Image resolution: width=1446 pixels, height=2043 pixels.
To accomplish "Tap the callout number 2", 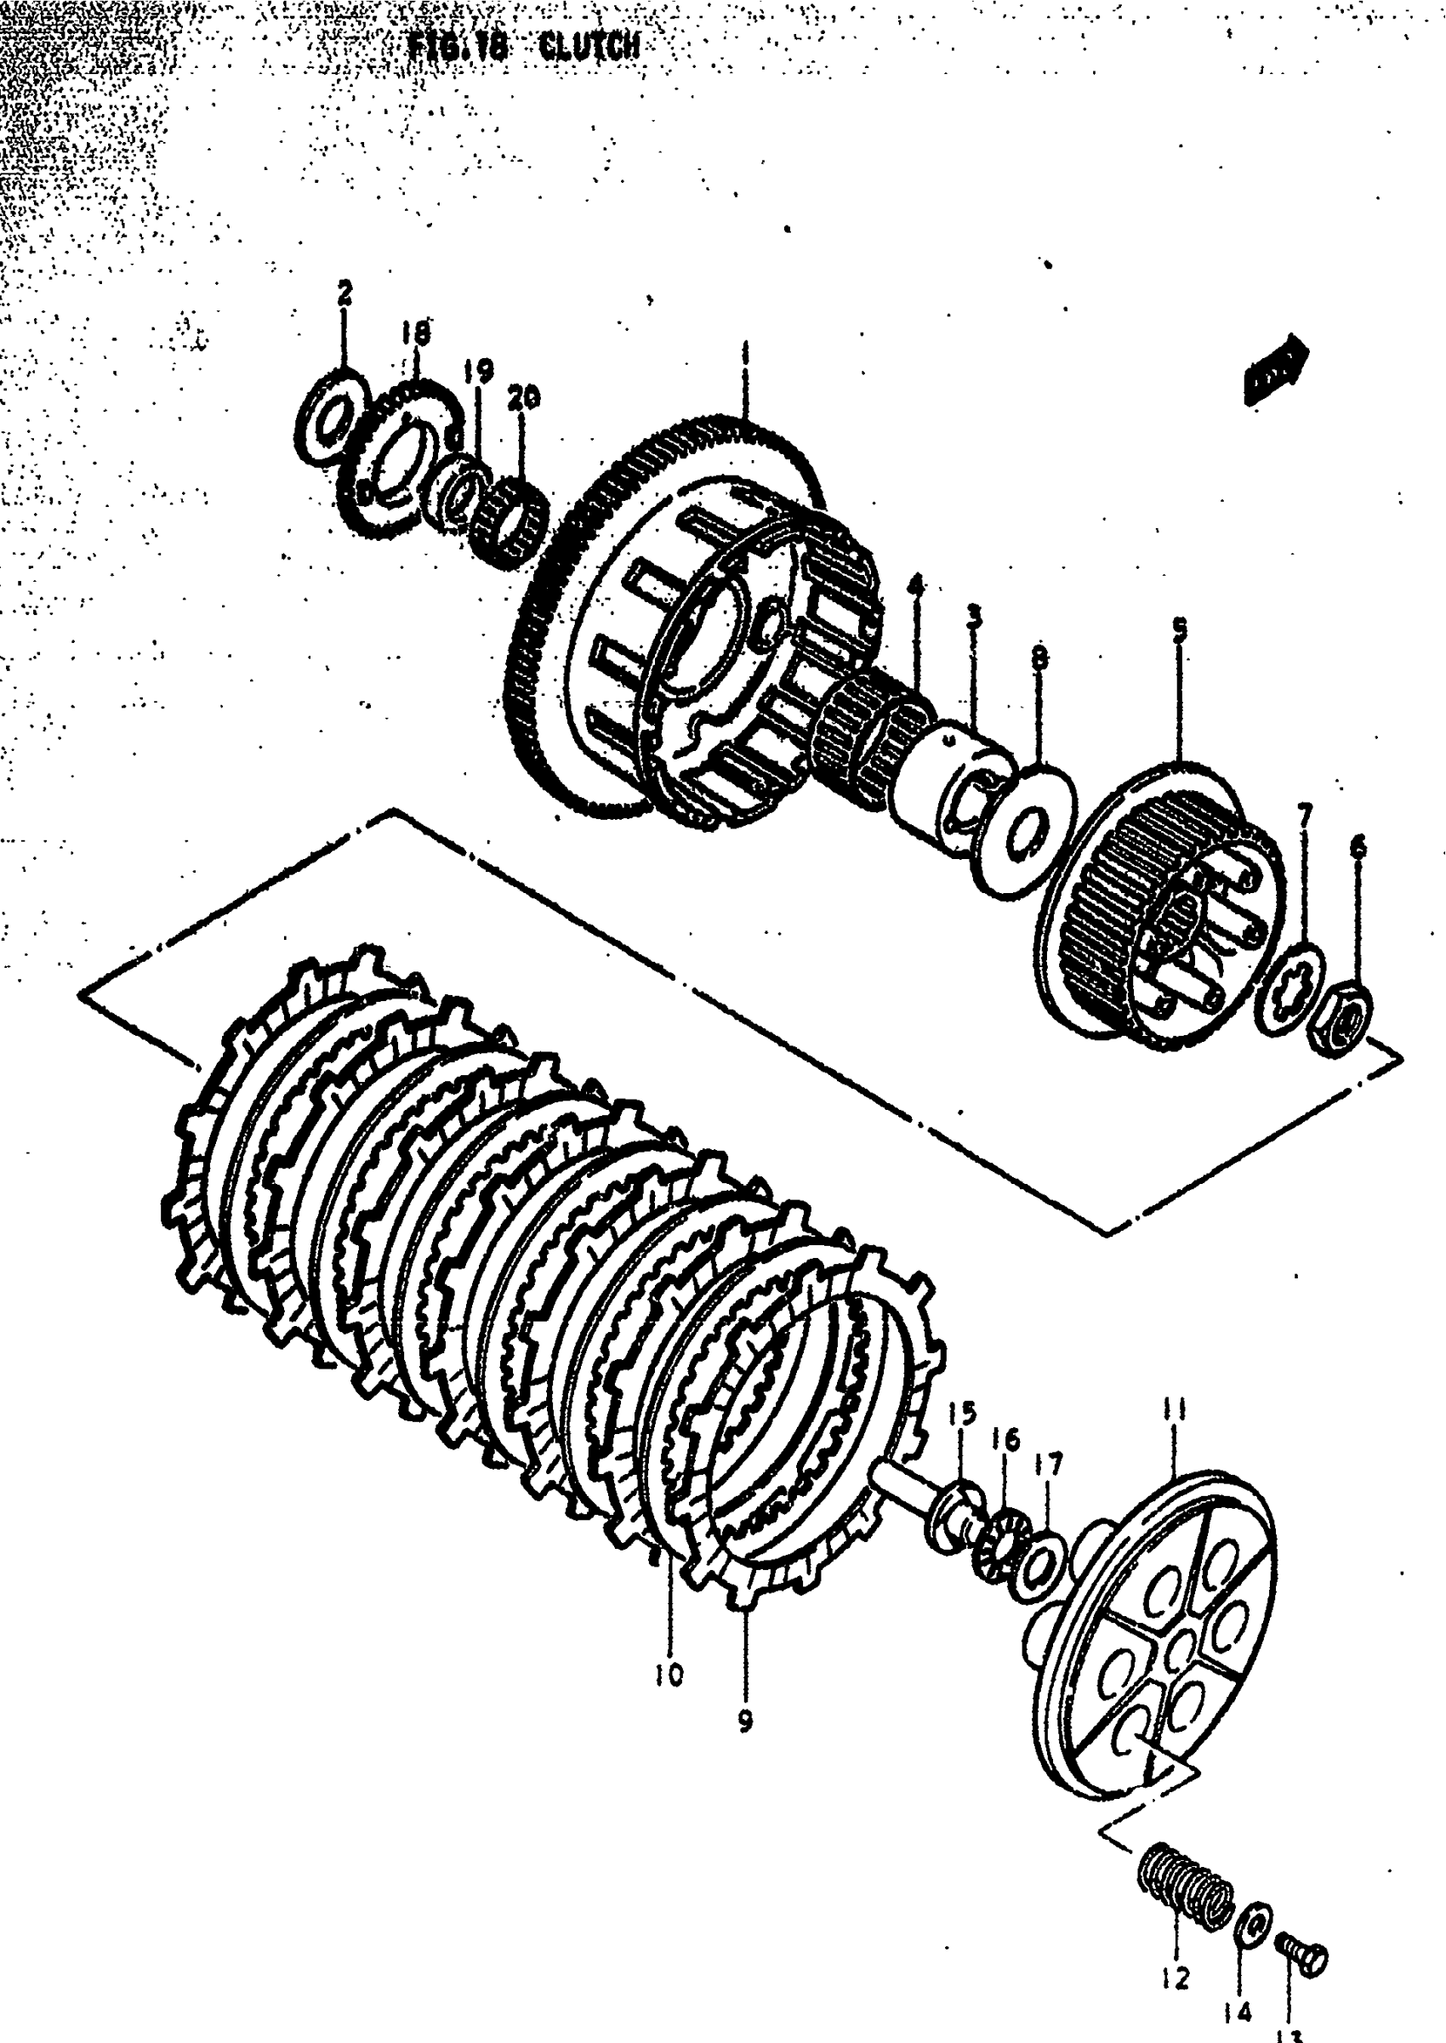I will pos(344,291).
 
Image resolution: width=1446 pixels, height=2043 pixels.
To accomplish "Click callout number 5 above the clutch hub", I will pos(1179,630).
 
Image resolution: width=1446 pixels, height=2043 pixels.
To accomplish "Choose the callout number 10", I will pos(669,1675).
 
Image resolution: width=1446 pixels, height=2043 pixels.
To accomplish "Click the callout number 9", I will pos(745,1721).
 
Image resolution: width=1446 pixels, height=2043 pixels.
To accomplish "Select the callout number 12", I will pos(1176,1978).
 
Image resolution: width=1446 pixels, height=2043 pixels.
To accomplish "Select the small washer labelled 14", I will pos(1253,1924).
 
